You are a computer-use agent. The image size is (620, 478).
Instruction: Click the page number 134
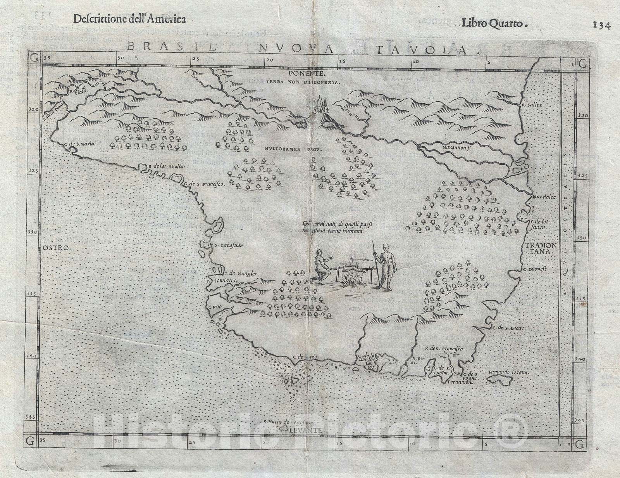602,25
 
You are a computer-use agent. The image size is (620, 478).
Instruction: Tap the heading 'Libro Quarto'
494,23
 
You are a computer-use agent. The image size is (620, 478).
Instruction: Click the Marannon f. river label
456,147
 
